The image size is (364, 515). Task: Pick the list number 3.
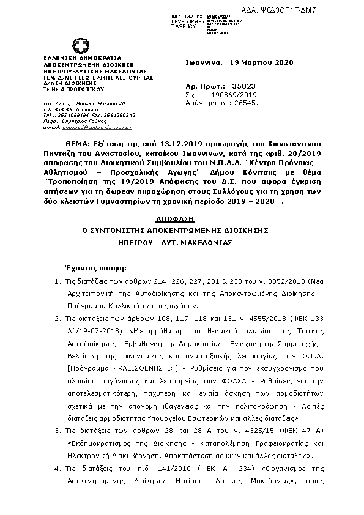pos(56,432)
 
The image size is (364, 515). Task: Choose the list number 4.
pos(56,469)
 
